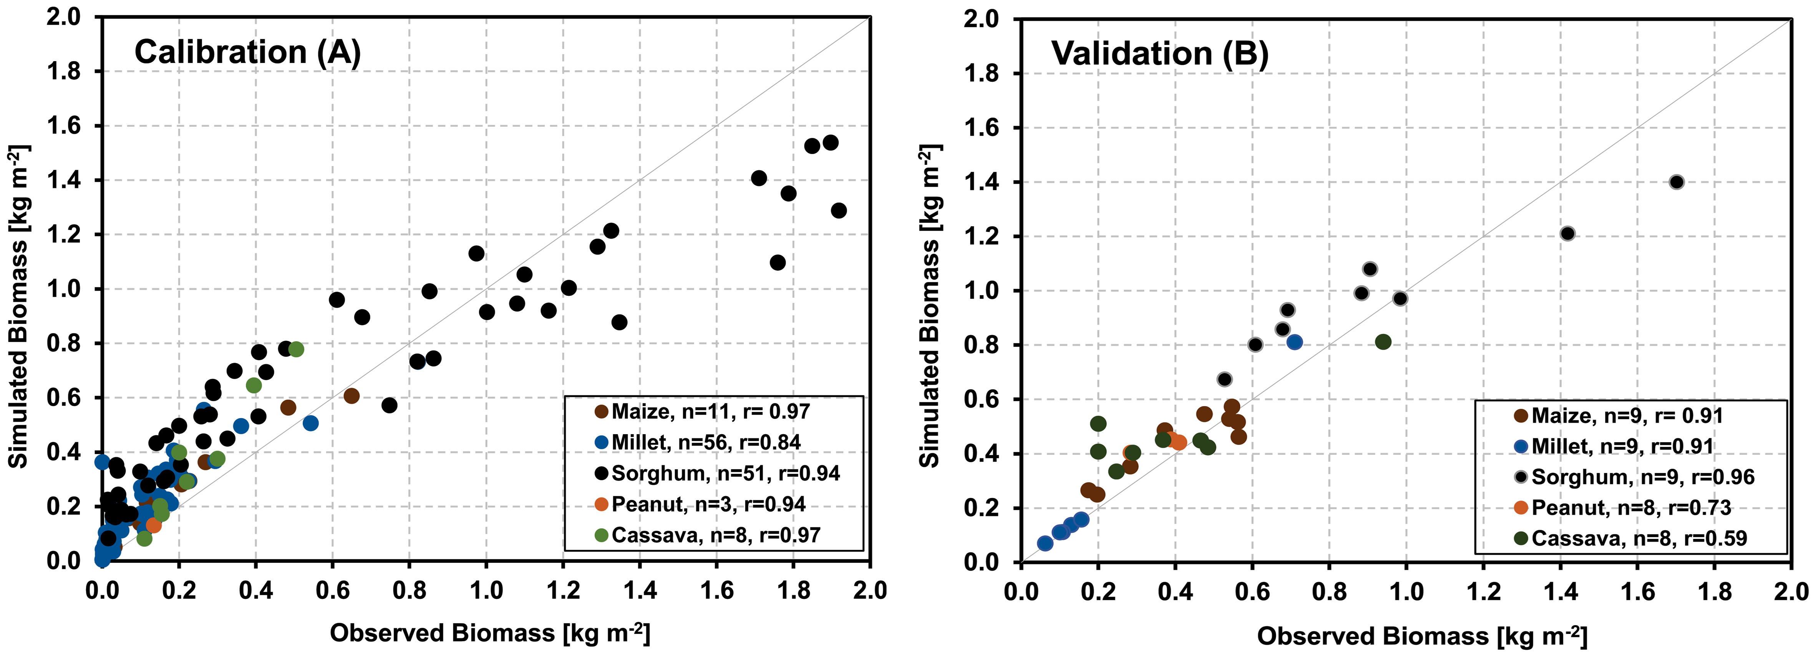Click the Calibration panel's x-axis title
pyautogui.click(x=490, y=633)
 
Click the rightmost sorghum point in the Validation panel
pyautogui.click(x=1677, y=182)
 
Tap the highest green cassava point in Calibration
pyautogui.click(x=296, y=349)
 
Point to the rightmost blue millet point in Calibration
pyautogui.click(x=310, y=423)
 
